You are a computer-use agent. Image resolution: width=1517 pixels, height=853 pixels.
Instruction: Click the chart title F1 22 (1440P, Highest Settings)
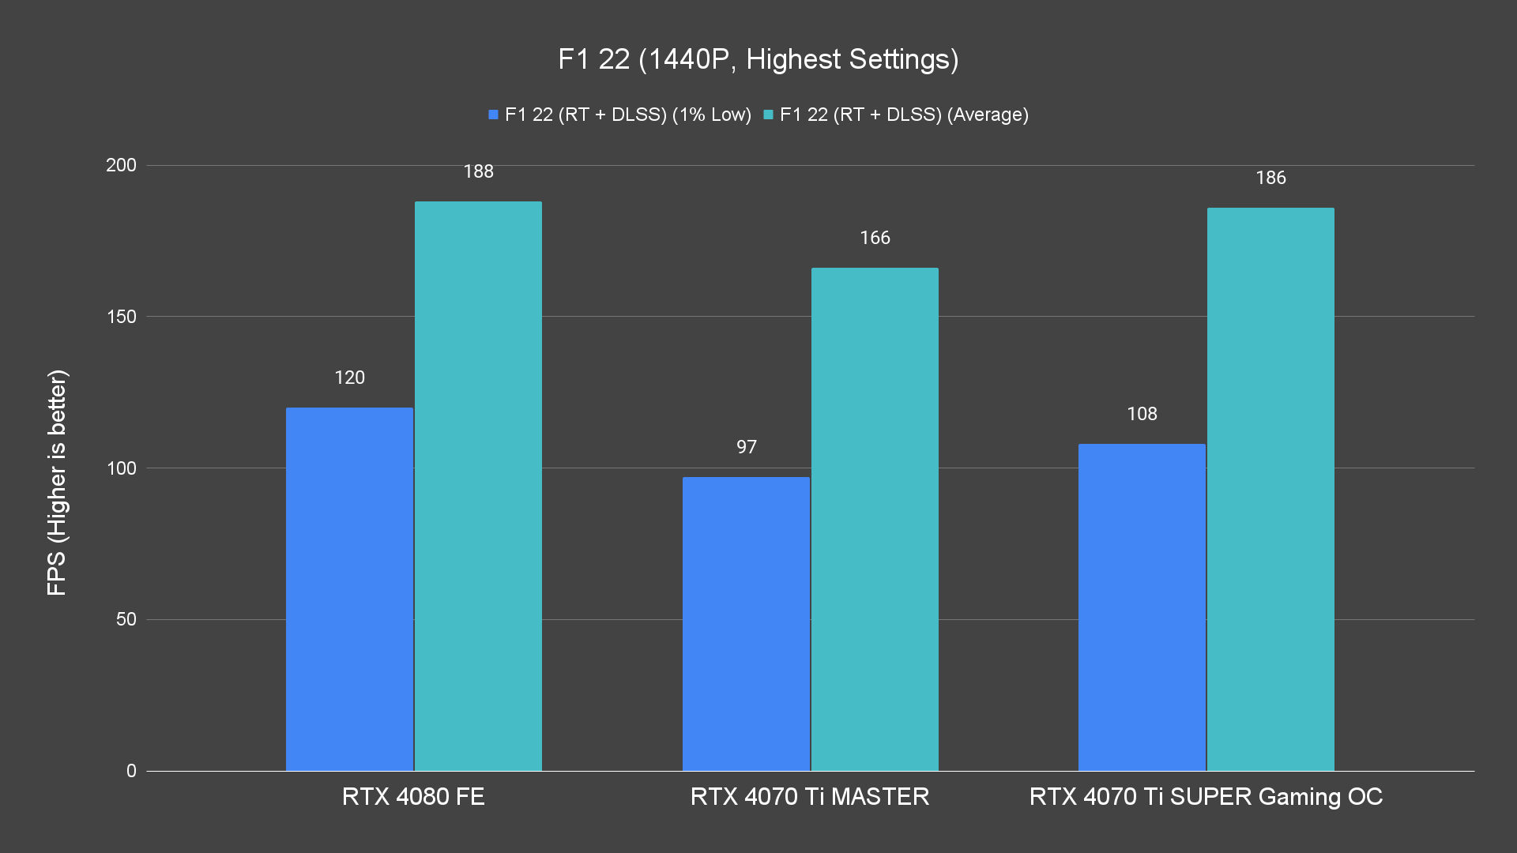point(758,59)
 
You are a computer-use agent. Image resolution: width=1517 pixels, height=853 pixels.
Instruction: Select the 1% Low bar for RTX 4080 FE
point(349,588)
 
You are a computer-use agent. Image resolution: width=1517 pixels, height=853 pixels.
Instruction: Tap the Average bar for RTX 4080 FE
point(478,486)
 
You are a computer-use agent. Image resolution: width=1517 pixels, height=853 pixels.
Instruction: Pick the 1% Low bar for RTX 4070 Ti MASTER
point(746,624)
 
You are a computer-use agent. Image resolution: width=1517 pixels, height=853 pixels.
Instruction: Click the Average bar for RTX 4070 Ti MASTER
point(875,519)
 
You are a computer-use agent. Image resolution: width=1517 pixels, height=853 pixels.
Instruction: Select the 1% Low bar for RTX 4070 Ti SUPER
point(1142,607)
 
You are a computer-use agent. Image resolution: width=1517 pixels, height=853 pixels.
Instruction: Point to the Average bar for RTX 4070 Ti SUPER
point(1270,489)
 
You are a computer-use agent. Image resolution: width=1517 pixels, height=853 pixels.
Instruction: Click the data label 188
point(478,171)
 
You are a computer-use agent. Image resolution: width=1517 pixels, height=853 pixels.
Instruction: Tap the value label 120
point(349,378)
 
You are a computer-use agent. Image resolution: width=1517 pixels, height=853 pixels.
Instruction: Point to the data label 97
point(746,447)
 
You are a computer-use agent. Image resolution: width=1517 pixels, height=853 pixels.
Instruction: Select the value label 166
point(875,238)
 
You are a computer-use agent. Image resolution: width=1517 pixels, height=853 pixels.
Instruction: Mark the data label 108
point(1142,414)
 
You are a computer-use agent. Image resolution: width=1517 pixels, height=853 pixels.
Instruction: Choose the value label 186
point(1270,178)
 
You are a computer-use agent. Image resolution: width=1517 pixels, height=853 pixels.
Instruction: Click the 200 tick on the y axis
point(121,165)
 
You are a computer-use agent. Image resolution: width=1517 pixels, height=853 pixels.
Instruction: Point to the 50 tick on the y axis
point(126,619)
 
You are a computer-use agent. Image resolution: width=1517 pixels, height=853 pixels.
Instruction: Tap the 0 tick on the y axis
point(131,771)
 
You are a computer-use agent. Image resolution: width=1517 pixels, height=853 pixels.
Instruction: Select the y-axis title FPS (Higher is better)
point(57,482)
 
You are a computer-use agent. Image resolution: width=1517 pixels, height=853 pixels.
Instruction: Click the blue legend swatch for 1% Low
point(493,115)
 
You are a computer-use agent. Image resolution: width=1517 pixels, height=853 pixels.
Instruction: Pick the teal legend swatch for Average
point(768,115)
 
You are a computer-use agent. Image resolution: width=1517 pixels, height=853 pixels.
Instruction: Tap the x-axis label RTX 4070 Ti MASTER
point(810,796)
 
